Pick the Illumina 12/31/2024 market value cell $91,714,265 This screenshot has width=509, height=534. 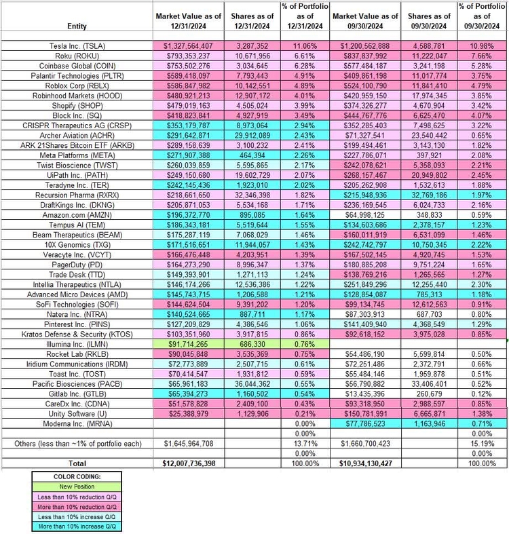pyautogui.click(x=189, y=342)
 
